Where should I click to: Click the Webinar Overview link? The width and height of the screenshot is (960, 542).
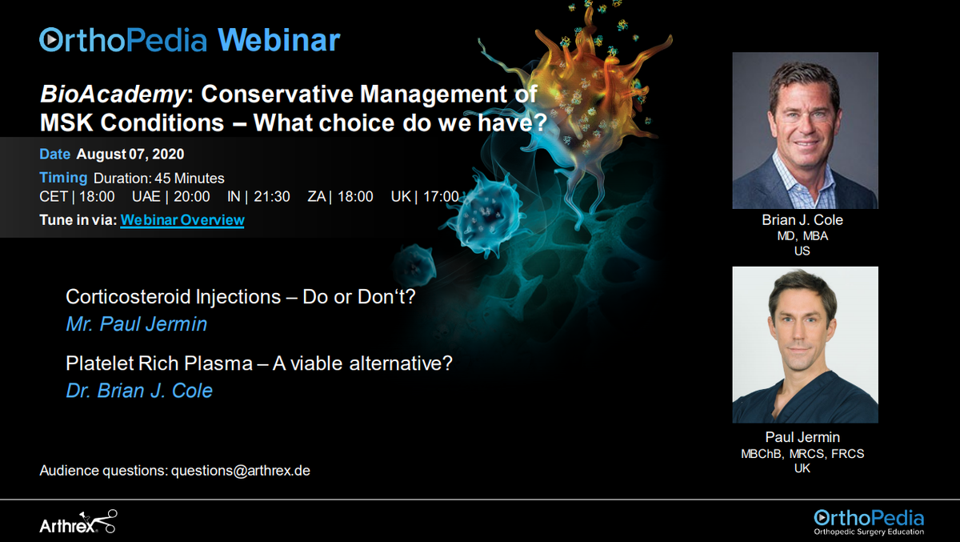tap(182, 220)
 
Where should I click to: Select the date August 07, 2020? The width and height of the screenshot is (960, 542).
tap(130, 154)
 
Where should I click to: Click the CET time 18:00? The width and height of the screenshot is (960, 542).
tap(97, 197)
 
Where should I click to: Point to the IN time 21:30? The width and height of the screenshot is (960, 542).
tap(272, 197)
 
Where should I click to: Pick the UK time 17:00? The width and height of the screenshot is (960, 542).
tap(440, 197)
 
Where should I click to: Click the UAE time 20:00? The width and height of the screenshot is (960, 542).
tap(192, 197)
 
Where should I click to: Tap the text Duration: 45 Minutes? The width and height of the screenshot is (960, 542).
tap(158, 178)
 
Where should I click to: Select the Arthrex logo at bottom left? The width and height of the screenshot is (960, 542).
tap(78, 523)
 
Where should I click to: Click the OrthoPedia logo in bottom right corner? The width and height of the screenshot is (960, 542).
tap(868, 520)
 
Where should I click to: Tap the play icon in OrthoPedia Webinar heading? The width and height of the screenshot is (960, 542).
tap(50, 38)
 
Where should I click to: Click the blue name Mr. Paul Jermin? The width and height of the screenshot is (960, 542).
tap(136, 324)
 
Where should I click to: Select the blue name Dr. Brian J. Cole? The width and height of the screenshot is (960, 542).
tap(139, 391)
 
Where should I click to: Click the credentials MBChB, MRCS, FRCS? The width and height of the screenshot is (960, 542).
tap(802, 454)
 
